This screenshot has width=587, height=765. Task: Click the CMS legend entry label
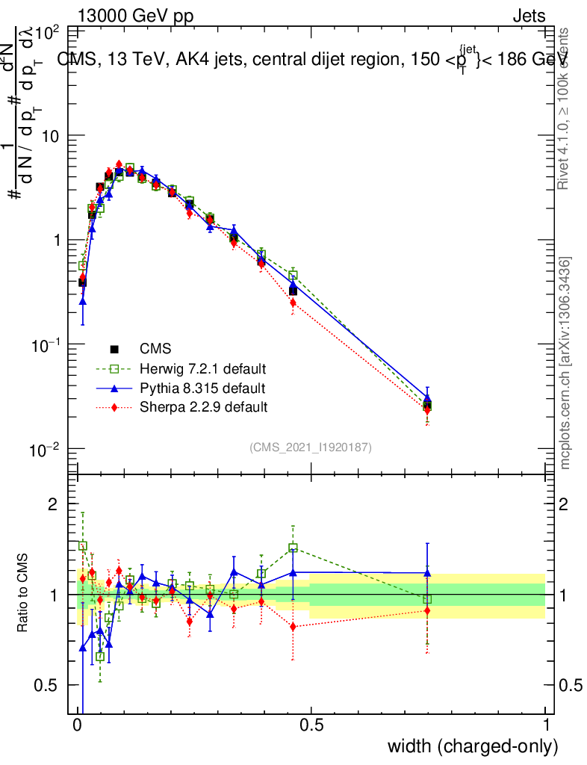point(155,348)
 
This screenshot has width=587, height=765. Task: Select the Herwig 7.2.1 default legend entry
point(203,368)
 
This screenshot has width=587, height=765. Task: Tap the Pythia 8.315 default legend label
point(202,388)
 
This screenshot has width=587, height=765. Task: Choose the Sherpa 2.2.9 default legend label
point(203,407)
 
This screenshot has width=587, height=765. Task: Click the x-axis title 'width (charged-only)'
point(473,746)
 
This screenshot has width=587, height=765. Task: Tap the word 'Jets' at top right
point(529,16)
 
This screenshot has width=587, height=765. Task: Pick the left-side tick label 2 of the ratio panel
point(53,504)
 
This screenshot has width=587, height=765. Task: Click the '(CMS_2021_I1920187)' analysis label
point(311,447)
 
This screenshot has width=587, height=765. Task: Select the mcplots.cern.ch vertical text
point(565,363)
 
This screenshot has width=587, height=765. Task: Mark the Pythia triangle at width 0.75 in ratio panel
point(427,573)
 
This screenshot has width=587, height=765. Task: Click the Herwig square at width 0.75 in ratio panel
point(427,599)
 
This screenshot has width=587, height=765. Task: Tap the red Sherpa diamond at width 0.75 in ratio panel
point(427,610)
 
